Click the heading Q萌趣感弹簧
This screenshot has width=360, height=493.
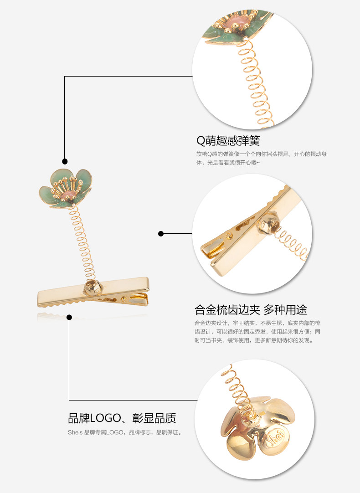coord(228,140)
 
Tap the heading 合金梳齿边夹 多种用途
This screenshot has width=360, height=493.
coord(251,310)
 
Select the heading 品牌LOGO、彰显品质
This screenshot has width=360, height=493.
coord(122,418)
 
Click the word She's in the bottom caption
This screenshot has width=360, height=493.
coord(75,432)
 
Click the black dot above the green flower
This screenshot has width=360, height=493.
coord(65,161)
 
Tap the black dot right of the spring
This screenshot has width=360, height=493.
coord(160,234)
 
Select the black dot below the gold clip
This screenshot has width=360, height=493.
coord(69,317)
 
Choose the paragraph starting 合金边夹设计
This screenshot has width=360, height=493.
coord(257,331)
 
